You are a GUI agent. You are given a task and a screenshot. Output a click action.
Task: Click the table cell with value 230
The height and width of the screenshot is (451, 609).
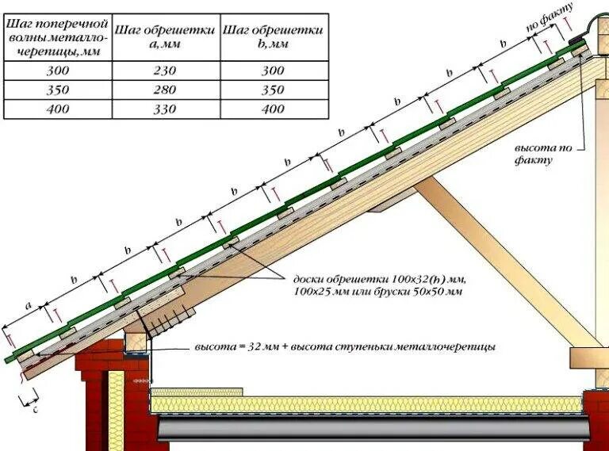point(164,71)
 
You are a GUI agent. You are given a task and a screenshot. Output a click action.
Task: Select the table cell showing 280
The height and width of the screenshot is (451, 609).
point(164,90)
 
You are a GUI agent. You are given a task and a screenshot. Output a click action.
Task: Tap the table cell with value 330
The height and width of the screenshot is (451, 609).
point(164,109)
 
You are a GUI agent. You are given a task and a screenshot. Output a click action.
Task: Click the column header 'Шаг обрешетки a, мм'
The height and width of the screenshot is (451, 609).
point(164,36)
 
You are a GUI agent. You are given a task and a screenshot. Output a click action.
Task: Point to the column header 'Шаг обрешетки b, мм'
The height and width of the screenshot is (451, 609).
point(273,36)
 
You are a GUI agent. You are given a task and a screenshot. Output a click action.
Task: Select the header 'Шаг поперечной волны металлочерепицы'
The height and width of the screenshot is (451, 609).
point(57,36)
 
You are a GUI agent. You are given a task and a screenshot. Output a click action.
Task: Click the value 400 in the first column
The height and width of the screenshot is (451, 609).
point(57,109)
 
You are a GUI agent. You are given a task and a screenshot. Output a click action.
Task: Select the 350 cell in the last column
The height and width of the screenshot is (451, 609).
point(273,90)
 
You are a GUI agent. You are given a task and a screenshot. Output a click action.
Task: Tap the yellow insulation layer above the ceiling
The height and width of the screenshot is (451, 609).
point(365,404)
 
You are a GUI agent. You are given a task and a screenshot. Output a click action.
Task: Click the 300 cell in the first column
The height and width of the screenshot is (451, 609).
point(57,71)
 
